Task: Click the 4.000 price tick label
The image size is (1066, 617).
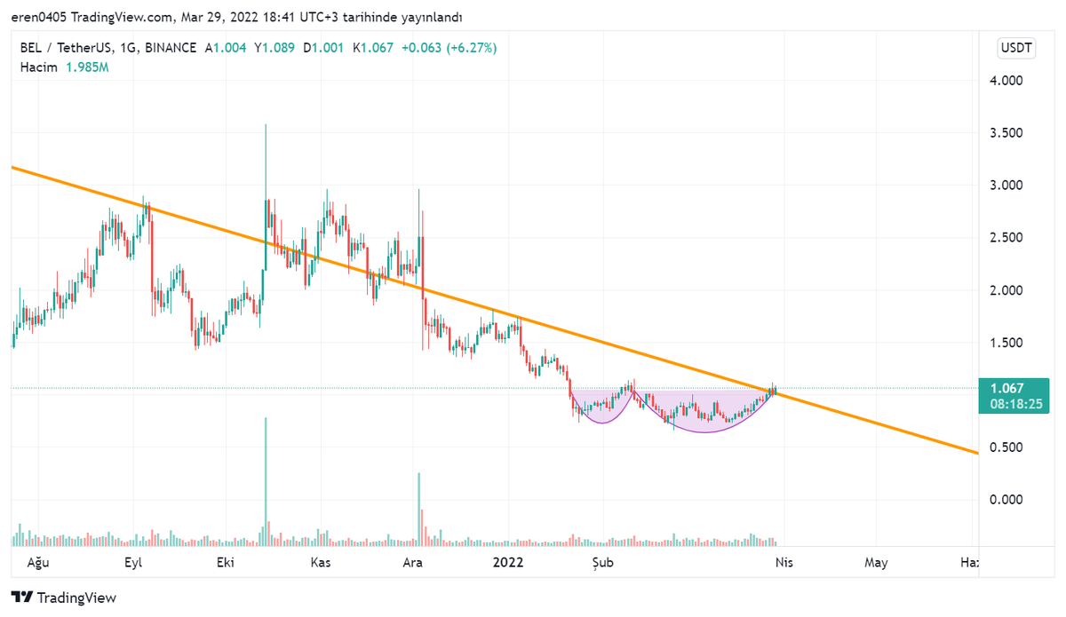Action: [x=1006, y=81]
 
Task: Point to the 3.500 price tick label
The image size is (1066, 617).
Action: [x=1006, y=133]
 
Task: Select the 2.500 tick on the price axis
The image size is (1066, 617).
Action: [x=1006, y=238]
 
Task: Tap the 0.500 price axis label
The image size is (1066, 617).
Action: [x=1006, y=447]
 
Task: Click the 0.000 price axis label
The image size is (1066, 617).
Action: [x=1006, y=500]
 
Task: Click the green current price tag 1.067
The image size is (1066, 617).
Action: [x=1006, y=388]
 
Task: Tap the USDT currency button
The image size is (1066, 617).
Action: [x=1017, y=48]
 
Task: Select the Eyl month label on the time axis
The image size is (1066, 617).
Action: [x=133, y=562]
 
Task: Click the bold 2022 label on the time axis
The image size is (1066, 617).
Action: [x=508, y=562]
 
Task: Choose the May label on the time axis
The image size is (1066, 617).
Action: [x=876, y=562]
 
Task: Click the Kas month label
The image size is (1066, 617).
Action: [x=320, y=562]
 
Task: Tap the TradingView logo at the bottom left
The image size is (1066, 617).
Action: [x=63, y=597]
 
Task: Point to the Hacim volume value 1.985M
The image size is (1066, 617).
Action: [x=87, y=67]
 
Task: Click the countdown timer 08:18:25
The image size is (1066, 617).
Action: [x=1006, y=404]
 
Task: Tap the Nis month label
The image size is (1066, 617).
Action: [x=783, y=562]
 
